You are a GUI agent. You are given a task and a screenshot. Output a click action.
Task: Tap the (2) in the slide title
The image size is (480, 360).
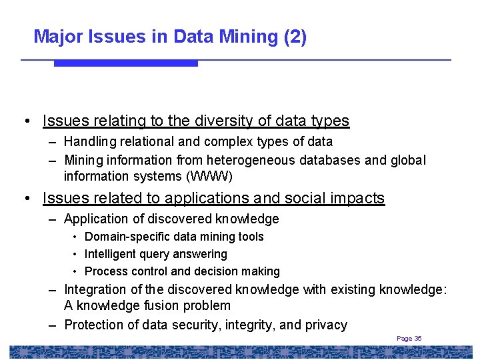295,37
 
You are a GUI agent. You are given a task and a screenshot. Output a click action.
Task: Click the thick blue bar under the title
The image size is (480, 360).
125,63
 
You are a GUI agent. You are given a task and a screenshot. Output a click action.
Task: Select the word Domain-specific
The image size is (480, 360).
129,237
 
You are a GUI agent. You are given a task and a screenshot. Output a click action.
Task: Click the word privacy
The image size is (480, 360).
326,325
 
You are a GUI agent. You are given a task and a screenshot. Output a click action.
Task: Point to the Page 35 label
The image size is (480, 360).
409,339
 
